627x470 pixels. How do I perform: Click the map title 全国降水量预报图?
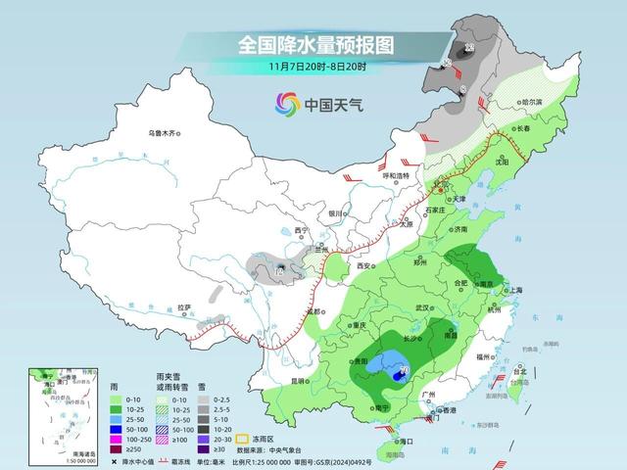tap(314, 45)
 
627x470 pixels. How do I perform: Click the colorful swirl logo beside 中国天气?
tap(287, 103)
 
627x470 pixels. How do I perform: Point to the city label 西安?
tap(365, 265)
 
